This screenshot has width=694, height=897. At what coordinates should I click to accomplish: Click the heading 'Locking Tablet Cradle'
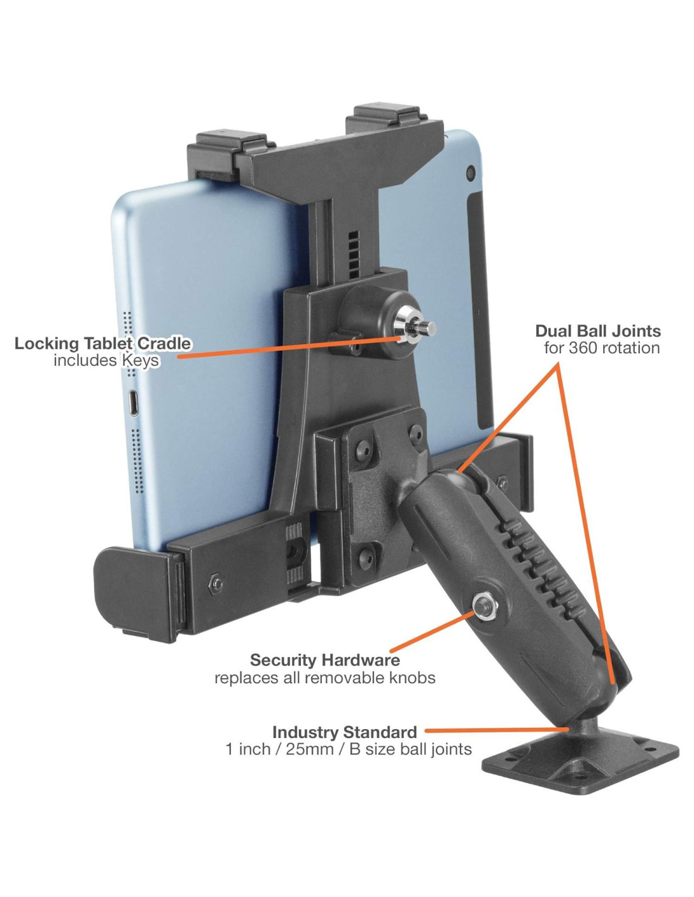[x=103, y=344]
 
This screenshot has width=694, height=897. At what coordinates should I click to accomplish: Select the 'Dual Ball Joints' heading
[x=597, y=331]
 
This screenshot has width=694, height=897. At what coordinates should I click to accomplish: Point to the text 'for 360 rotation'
[x=601, y=348]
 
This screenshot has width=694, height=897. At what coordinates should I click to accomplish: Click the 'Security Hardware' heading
[x=325, y=660]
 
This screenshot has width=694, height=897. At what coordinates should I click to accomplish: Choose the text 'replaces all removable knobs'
[x=325, y=678]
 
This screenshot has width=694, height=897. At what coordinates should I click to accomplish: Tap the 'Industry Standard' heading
[x=344, y=732]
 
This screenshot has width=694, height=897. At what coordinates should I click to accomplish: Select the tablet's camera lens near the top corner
[x=469, y=172]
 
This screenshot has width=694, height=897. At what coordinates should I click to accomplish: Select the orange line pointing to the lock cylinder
[x=284, y=348]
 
